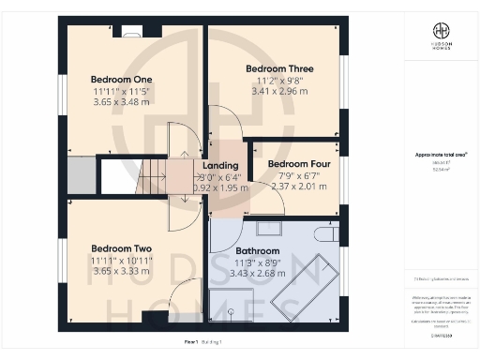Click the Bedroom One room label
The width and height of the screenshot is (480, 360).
pyautogui.click(x=120, y=79)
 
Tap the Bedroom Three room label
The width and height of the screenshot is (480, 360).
pyautogui.click(x=279, y=69)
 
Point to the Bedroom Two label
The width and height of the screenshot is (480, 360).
pyautogui.click(x=121, y=248)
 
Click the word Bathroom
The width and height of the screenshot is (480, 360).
pyautogui.click(x=258, y=251)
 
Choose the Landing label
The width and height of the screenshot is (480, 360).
pyautogui.click(x=221, y=165)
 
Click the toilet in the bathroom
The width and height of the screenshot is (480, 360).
pyautogui.click(x=325, y=232)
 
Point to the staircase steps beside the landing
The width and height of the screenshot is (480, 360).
pyautogui.click(x=152, y=176)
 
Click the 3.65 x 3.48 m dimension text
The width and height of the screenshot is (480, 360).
pyautogui.click(x=120, y=102)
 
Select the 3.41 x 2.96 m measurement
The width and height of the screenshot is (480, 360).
pyautogui.click(x=279, y=93)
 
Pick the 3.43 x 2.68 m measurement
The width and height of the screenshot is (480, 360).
pyautogui.click(x=258, y=274)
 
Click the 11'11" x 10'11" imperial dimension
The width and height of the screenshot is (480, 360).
pyautogui.click(x=121, y=261)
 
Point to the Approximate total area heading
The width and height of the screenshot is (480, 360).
pyautogui.click(x=441, y=155)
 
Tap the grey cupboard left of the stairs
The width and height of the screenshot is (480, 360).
pyautogui.click(x=81, y=176)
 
